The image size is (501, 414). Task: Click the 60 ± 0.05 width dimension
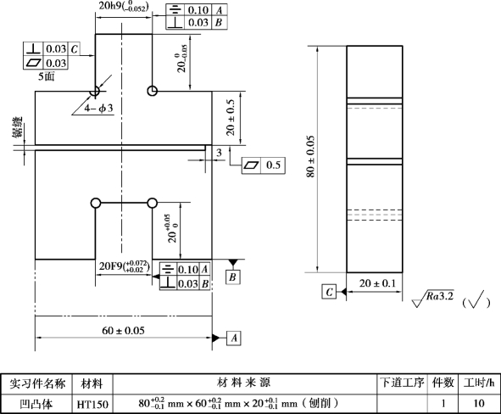[x=123, y=330]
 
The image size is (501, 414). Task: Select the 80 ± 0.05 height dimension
[x=310, y=157]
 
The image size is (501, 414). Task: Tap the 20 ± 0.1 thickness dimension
[x=377, y=283]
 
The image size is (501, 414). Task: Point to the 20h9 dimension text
[x=124, y=6]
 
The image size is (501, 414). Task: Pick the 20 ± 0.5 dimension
[x=231, y=117]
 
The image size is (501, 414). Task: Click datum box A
[x=234, y=338]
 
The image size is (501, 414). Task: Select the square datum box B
[x=232, y=277]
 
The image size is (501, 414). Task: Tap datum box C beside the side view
[x=329, y=292]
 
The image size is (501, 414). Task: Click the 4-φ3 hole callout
[x=98, y=108]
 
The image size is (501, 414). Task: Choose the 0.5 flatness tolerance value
[x=273, y=165]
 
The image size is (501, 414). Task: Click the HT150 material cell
[x=92, y=404]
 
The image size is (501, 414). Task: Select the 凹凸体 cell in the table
[x=36, y=404]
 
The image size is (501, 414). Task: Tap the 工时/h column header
[x=479, y=383]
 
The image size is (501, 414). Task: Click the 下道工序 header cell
[x=403, y=383]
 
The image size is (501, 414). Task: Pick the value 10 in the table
[x=479, y=404]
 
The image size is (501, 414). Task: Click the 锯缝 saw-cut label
[x=18, y=127]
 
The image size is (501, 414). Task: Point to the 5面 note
[x=47, y=76]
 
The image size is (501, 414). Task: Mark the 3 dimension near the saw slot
[x=219, y=153]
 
